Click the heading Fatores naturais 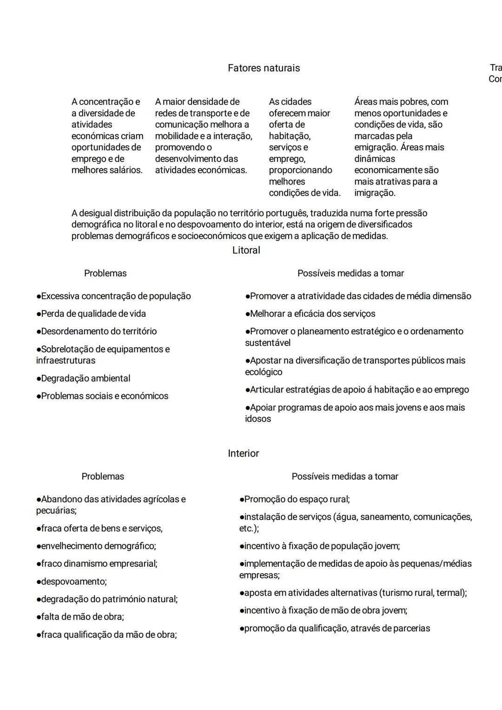pos(264,68)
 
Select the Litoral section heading pos(246,250)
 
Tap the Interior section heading pos(243,453)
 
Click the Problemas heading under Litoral pos(105,273)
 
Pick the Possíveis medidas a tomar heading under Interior pos(344,477)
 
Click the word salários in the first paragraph pos(126,170)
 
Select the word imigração pos(375,193)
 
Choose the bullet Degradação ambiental pos(84,378)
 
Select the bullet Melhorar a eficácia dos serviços pos(310,314)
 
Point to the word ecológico pos(264,372)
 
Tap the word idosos pos(258,419)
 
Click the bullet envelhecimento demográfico pos(96,546)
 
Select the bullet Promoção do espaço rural pos(295,499)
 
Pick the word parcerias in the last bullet pos(411,629)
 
